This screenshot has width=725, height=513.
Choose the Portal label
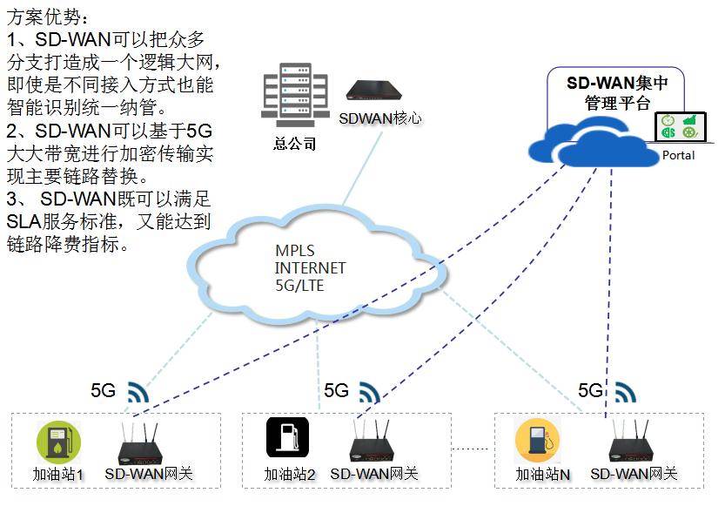point(679,155)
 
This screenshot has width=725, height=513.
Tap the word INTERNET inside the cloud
point(310,267)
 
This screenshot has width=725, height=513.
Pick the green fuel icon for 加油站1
point(58,442)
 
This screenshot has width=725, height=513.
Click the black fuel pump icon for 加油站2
point(287,438)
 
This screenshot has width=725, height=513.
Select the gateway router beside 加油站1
point(142,446)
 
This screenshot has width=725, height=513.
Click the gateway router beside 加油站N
point(632,445)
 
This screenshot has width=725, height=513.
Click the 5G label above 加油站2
point(336,391)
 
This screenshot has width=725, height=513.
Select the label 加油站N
point(542,476)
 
